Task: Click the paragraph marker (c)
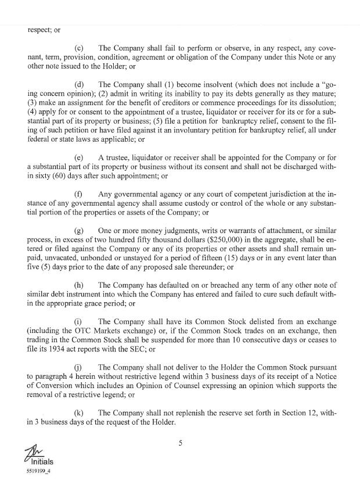(x=81, y=48)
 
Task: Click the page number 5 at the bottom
(x=181, y=443)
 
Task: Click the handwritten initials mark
(x=33, y=452)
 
